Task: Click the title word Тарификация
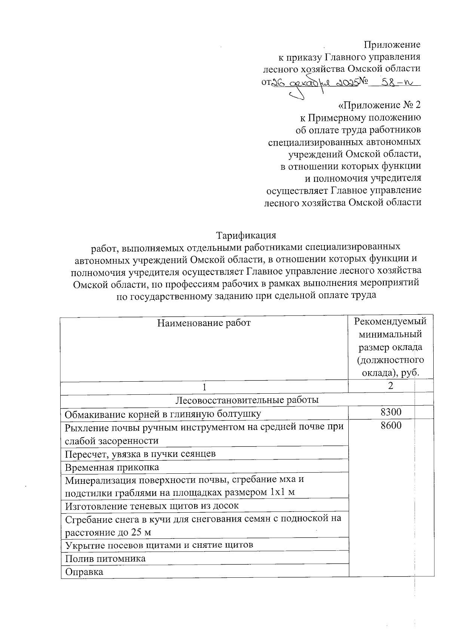tap(246, 235)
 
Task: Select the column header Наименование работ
tap(204, 323)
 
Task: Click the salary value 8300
tap(391, 412)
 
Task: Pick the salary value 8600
tap(391, 425)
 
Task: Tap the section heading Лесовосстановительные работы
tap(247, 400)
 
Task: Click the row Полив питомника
tap(105, 558)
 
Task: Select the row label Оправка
tap(84, 572)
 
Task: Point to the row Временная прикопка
tap(112, 467)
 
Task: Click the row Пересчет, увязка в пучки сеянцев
tap(140, 454)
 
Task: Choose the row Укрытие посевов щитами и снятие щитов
tap(159, 545)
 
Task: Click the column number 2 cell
tap(391, 385)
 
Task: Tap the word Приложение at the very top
tap(392, 45)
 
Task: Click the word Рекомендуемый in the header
tap(390, 321)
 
